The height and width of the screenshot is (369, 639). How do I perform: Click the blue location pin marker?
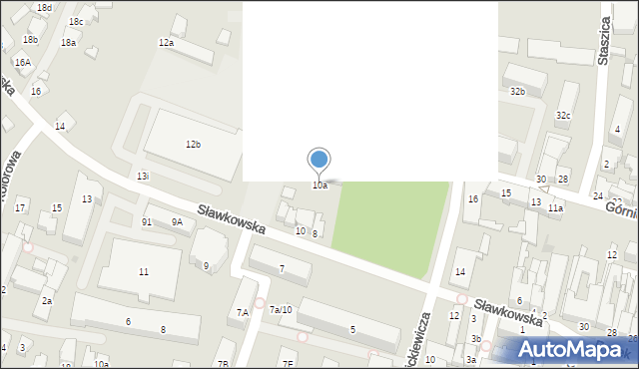pos(319,160)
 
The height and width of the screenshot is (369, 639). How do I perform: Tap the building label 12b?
pos(193,145)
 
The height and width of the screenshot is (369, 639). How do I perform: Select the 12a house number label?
pos(166,43)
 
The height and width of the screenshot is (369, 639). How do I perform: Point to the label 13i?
pos(143,177)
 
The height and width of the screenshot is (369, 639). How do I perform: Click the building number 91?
pos(147,222)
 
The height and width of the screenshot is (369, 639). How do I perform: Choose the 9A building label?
pos(177,222)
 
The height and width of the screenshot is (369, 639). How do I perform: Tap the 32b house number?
pos(517,92)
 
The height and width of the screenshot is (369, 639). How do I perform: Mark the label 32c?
pos(564,116)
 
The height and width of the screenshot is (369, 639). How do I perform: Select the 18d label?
pos(44,7)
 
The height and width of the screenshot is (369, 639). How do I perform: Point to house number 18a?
pos(68,43)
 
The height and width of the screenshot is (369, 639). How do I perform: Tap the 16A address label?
pos(22,63)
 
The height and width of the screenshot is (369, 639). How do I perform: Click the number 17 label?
pos(20,207)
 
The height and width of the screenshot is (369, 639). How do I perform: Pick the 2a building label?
pos(46,300)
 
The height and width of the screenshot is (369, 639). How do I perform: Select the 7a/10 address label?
pos(281,310)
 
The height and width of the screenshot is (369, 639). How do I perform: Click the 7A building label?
pos(243,313)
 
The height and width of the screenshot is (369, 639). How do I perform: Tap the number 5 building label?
pos(352,330)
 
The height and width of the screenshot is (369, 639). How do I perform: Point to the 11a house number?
pos(555,208)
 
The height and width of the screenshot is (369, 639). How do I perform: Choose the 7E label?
pos(288,364)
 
